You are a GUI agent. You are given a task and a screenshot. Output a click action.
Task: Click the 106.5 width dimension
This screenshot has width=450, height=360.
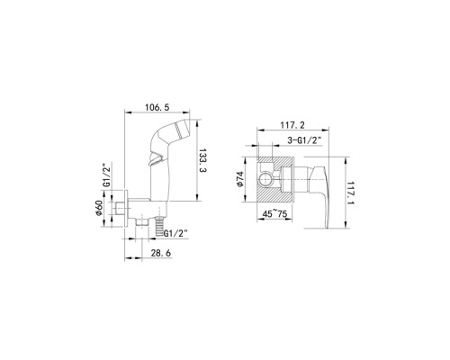[x=157, y=107]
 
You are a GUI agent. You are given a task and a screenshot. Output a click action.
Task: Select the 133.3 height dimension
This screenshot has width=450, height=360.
[x=203, y=160]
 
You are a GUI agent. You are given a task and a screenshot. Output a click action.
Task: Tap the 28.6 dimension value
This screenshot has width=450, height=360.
[x=161, y=253]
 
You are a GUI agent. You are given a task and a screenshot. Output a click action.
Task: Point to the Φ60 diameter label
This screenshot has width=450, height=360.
[x=99, y=207]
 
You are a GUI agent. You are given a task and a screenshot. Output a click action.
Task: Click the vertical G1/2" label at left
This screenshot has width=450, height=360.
[x=106, y=175]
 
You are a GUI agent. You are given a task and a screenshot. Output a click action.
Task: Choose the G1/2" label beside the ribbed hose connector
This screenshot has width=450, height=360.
[x=175, y=233]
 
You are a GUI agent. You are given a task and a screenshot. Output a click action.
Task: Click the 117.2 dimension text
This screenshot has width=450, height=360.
[x=292, y=125]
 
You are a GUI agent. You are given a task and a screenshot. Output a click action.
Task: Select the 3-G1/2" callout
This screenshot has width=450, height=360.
[x=304, y=140]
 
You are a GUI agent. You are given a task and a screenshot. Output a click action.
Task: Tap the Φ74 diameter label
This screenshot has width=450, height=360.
[x=240, y=179]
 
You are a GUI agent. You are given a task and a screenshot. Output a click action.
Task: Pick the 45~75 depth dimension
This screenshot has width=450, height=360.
[x=274, y=214]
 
